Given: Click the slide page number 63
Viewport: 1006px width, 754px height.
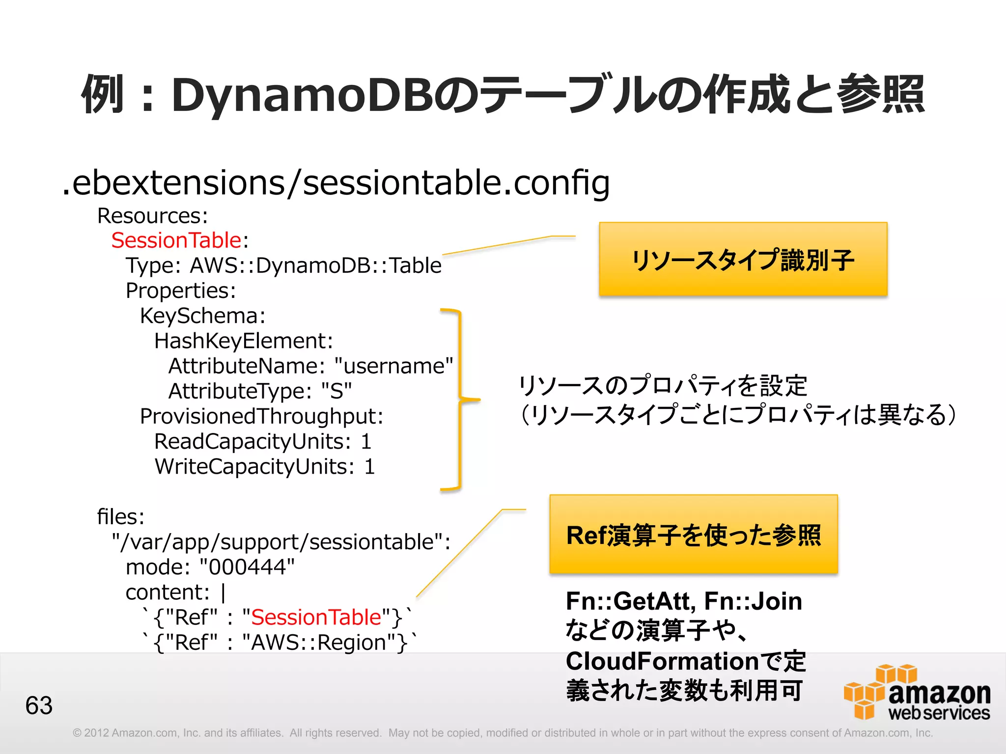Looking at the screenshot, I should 39,705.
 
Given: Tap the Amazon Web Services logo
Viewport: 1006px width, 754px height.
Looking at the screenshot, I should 917,693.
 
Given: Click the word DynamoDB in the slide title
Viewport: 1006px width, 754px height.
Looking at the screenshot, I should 301,95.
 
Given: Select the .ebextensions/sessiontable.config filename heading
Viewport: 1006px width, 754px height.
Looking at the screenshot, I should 336,183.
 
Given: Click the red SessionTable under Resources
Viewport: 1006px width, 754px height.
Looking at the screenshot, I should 176,241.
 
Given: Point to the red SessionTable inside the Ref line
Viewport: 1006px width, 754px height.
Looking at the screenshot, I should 316,618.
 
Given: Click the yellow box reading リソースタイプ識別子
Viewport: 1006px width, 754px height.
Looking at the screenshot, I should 743,259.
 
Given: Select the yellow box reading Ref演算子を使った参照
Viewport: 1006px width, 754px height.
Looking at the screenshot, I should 693,534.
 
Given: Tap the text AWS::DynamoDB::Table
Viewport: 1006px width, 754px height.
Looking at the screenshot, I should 316,266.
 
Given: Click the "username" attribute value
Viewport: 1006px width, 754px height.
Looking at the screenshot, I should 393,366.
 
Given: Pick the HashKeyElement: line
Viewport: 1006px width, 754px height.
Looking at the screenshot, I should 244,341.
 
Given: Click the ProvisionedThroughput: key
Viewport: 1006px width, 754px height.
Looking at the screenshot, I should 261,416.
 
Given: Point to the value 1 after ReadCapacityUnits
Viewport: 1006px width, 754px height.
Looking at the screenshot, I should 366,442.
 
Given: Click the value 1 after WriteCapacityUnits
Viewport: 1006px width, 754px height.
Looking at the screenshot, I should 369,467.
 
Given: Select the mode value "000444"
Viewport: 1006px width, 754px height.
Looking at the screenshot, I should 247,567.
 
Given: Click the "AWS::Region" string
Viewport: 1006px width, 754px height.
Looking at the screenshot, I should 325,643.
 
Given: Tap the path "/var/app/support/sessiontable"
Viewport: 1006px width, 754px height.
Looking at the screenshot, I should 278,542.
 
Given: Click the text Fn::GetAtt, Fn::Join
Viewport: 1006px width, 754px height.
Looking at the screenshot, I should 684,601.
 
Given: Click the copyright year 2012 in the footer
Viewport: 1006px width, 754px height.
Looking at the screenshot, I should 95,733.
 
